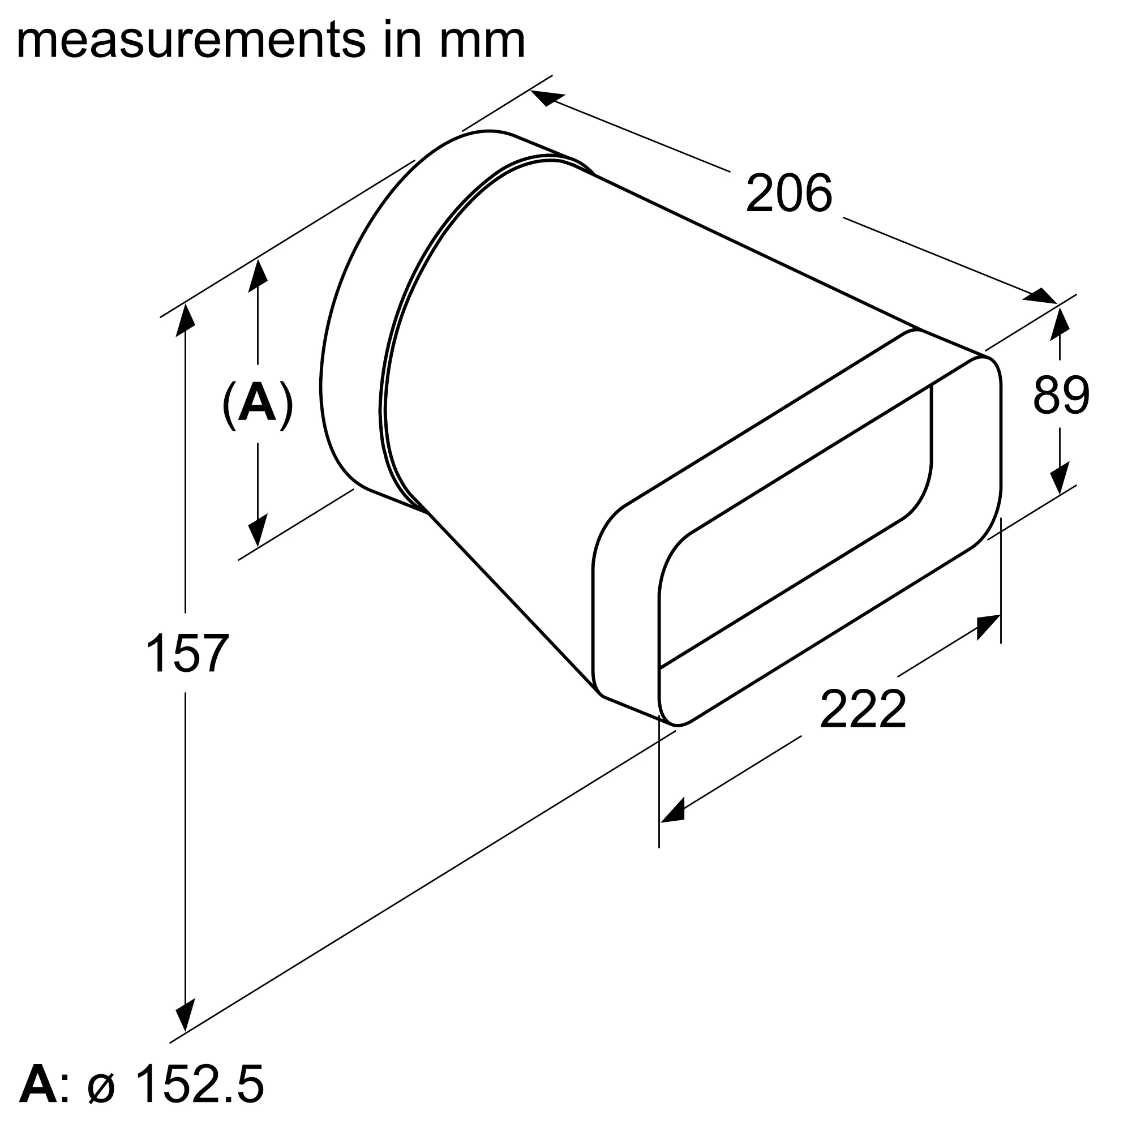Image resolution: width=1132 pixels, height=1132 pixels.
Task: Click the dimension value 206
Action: pyautogui.click(x=788, y=194)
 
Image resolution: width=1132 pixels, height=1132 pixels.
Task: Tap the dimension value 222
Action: pyautogui.click(x=863, y=710)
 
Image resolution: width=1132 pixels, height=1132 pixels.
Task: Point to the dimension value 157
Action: pyautogui.click(x=186, y=653)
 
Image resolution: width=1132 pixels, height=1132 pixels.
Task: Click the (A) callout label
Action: pyautogui.click(x=257, y=405)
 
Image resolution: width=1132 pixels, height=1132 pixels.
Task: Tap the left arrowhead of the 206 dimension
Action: pyautogui.click(x=547, y=98)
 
